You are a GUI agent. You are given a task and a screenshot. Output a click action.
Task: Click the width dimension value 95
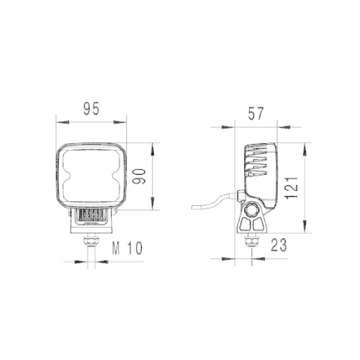coord(90,109)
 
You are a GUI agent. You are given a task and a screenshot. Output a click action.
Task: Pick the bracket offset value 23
coord(279,245)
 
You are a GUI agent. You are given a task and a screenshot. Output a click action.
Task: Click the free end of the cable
coord(192,208)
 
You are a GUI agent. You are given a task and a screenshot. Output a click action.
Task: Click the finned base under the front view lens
coord(91,217)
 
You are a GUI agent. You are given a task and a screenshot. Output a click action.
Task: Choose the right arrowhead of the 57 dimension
coord(277,127)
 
